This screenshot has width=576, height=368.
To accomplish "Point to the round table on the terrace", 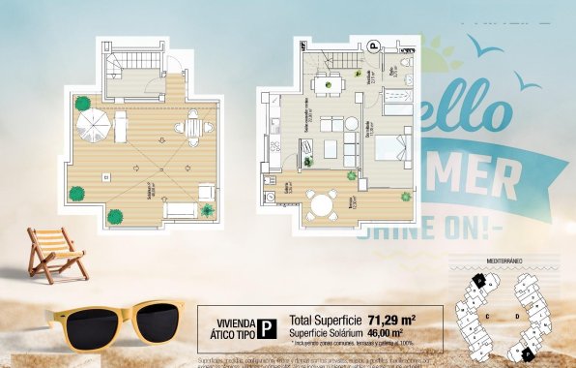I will coord(322,203).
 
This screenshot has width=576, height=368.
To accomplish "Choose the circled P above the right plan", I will coord(373,46).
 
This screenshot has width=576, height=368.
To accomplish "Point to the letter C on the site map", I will coord(488,316).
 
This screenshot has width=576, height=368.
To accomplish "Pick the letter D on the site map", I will coord(517,316).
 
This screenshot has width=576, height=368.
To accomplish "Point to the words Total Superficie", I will coord(325,319).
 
